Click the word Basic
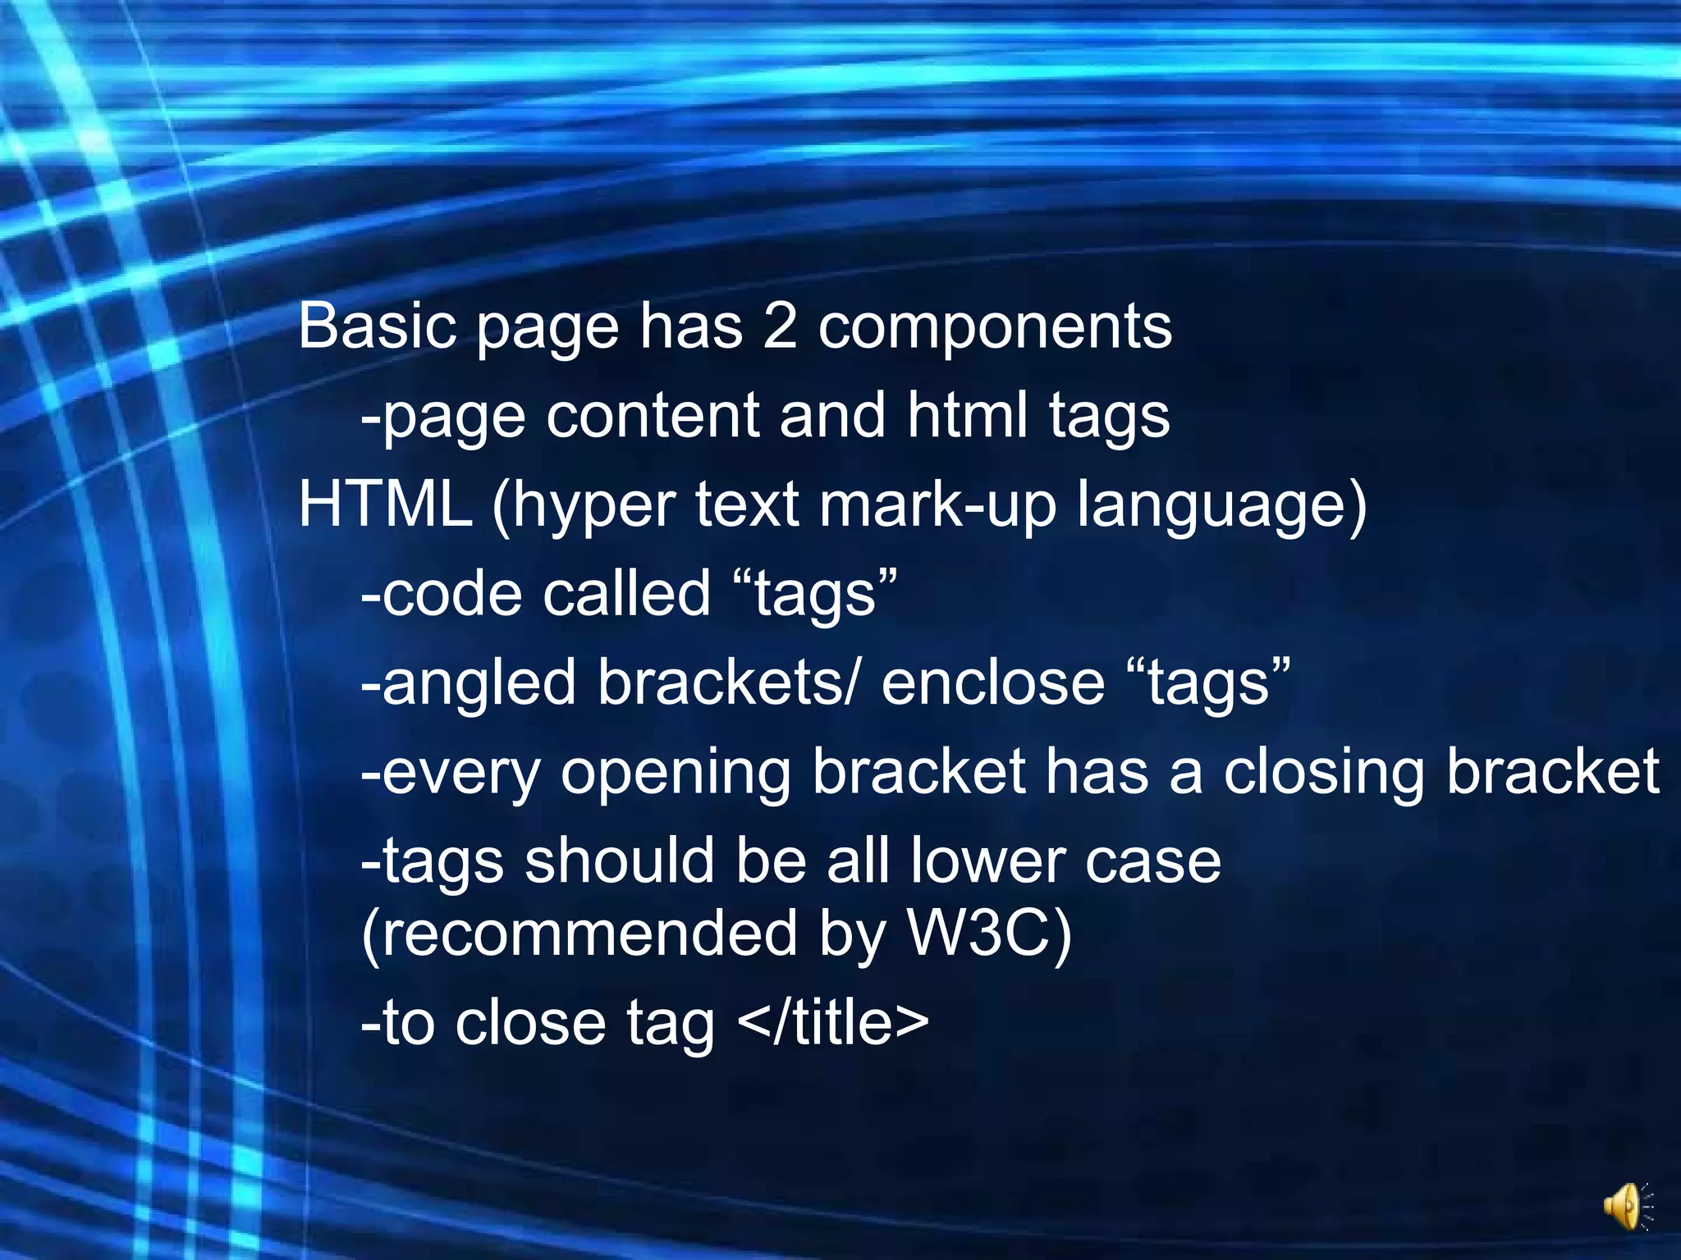click(377, 326)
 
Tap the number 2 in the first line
click(780, 326)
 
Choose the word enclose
click(993, 682)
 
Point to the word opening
click(676, 774)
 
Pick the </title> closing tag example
click(833, 1023)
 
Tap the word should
click(620, 861)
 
